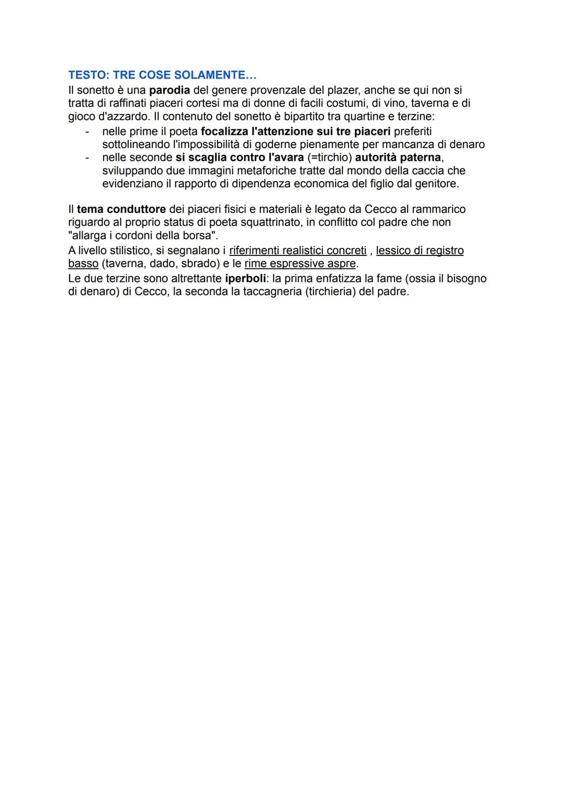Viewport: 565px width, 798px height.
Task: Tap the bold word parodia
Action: (169, 90)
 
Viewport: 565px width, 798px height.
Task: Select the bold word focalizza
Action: (225, 131)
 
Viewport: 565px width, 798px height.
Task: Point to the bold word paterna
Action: (421, 157)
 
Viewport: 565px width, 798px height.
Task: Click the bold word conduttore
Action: (136, 209)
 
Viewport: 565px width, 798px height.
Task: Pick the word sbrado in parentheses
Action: (198, 264)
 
